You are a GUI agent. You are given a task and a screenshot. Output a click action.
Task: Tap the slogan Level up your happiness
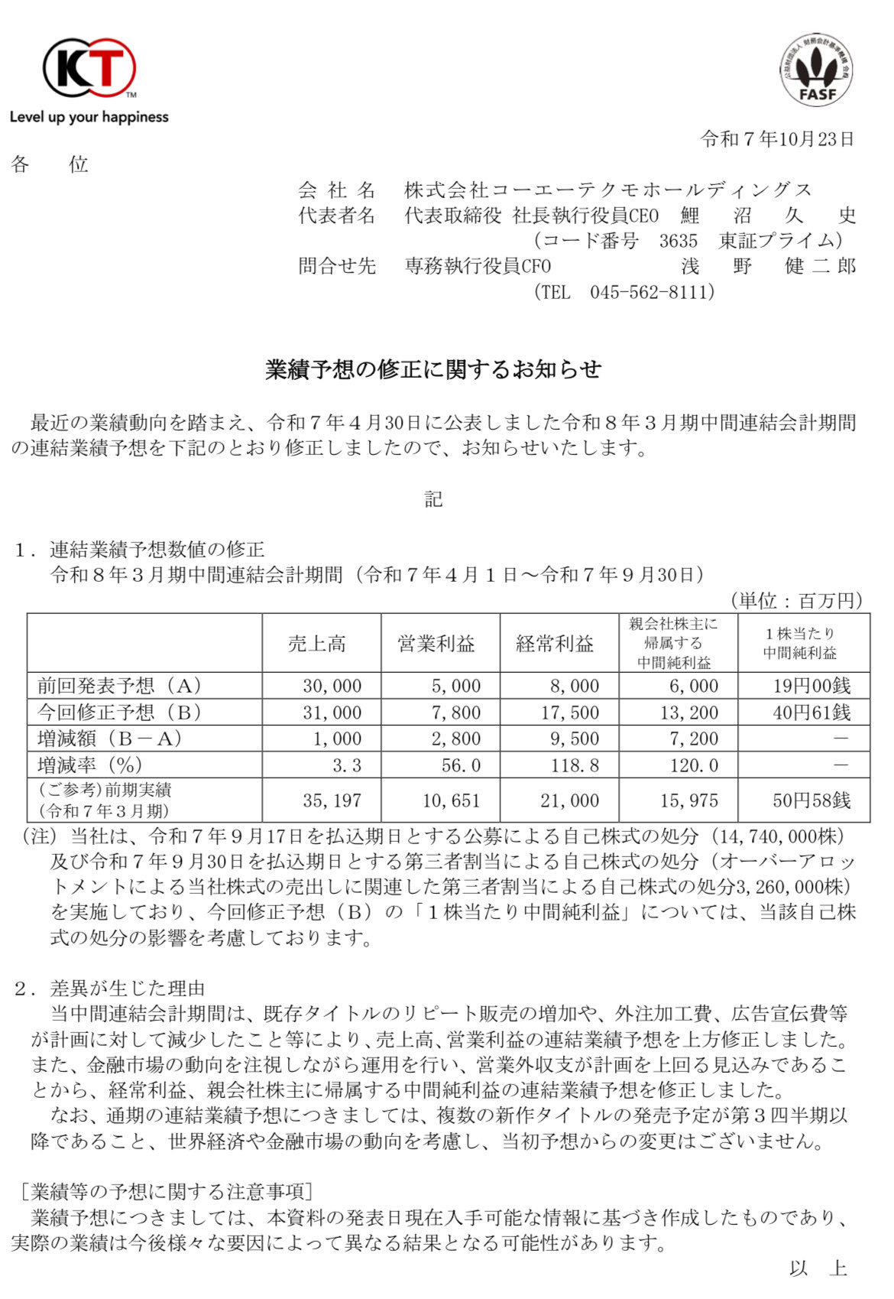89,117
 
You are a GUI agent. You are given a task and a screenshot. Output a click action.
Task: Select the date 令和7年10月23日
776,138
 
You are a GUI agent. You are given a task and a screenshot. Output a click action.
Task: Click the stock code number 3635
679,241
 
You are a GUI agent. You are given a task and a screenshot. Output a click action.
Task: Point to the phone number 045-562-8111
652,292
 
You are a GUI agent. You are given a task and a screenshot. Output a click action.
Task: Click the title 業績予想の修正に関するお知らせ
433,369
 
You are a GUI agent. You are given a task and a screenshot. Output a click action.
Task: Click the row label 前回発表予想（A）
120,686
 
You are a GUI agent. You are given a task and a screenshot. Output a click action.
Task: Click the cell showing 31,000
332,713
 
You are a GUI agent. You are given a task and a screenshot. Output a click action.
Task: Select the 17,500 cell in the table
569,713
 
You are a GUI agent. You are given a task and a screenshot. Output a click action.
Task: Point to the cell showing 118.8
575,764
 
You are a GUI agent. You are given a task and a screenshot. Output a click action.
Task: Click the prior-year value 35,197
332,801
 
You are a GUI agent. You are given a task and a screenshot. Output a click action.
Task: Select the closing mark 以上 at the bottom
818,1268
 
